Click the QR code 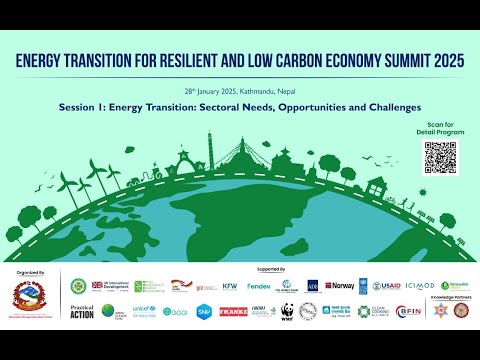[439, 157]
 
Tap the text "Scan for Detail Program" [439, 129]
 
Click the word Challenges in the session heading [391, 106]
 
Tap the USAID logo [386, 286]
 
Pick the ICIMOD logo [421, 286]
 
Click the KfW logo [230, 286]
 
